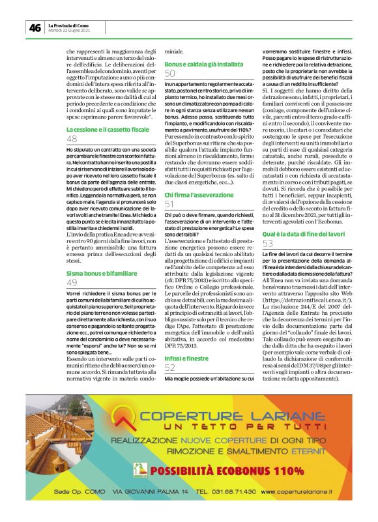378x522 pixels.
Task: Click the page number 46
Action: pos(35,27)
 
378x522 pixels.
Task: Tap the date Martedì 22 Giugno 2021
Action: pos(70,31)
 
